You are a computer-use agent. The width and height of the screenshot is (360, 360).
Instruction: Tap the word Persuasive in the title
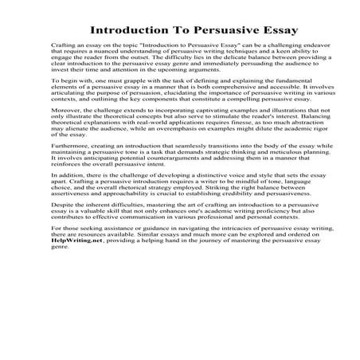[x=213, y=31]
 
